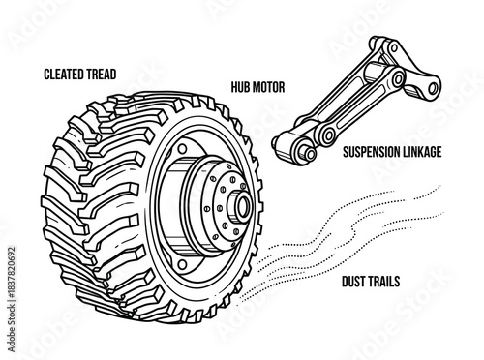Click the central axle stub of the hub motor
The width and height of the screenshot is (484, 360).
coord(241,207)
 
